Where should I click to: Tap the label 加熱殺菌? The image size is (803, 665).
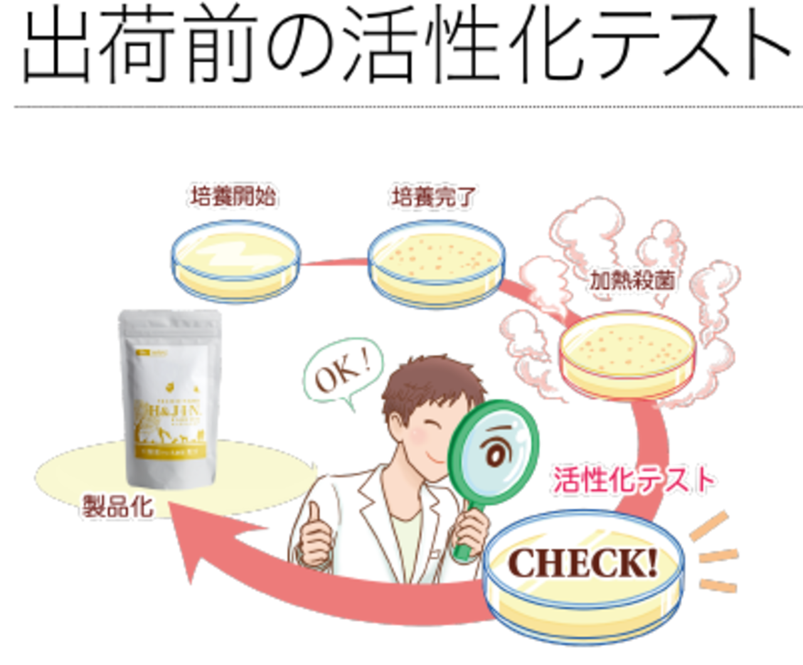[633, 284]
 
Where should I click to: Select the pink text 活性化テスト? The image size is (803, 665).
[634, 481]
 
